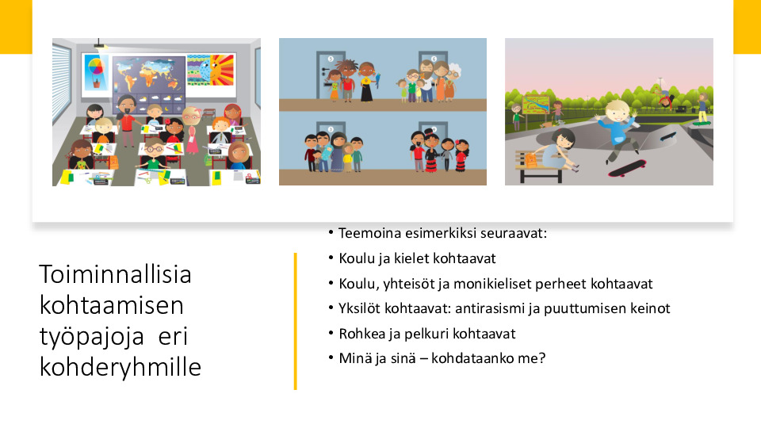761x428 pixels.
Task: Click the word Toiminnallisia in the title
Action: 116,274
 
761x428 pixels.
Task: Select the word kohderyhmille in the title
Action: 120,367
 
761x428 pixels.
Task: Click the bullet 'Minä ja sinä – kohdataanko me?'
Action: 442,358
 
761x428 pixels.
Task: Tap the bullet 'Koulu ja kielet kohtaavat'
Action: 417,258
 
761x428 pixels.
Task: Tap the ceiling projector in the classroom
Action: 101,44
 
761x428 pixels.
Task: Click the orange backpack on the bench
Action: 532,159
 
